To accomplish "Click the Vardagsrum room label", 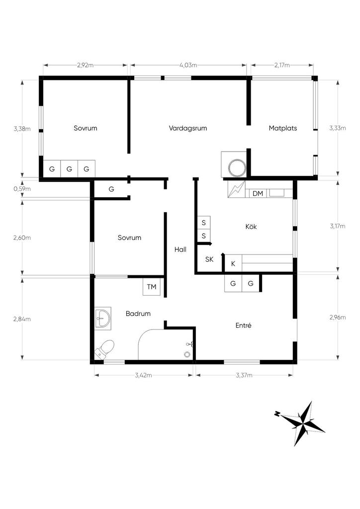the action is pos(187,128).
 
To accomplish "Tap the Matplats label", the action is pos(283,128).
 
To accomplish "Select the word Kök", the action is pos(251,227).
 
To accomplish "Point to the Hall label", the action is pos(180,250).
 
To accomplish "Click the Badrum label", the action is pos(138,314).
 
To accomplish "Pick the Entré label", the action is pos(244,325).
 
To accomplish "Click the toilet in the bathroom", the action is pos(104,348).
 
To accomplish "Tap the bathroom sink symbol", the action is pos(103,319).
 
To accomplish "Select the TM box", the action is pos(152,287).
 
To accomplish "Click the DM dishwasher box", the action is pos(258,193).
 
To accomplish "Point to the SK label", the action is pos(209,259).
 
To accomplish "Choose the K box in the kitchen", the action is pos(233,263).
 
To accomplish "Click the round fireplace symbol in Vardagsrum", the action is pos(238,168).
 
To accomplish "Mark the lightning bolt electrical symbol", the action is pos(236,189).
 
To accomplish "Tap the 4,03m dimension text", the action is pos(188,65).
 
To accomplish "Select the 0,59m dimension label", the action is pos(22,188).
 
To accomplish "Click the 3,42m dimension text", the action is pos(144,375).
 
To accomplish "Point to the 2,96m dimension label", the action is pos(338,318).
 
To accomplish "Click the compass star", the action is pos(302,424).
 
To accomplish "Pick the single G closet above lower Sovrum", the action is pos(111,189).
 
